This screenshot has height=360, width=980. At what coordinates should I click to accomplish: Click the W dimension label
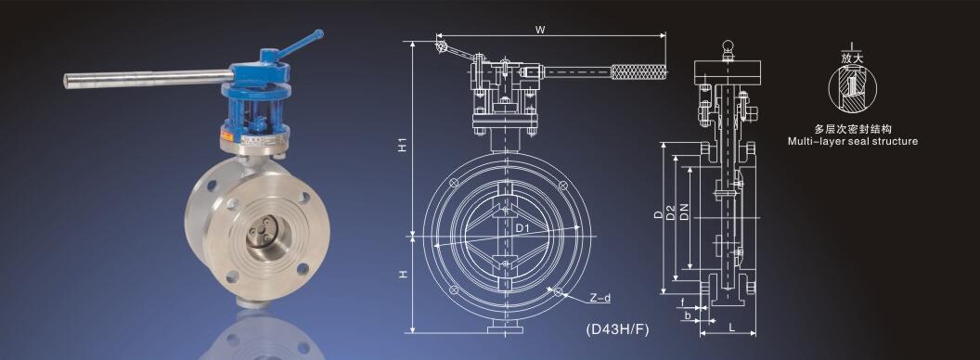pyautogui.click(x=540, y=29)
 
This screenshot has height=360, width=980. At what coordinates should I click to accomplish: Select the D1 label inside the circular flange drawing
pyautogui.click(x=522, y=228)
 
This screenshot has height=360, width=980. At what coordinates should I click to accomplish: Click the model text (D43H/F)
pyautogui.click(x=617, y=329)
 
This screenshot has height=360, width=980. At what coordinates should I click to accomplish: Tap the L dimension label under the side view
pyautogui.click(x=730, y=327)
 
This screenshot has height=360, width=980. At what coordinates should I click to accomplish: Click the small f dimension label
pyautogui.click(x=683, y=302)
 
